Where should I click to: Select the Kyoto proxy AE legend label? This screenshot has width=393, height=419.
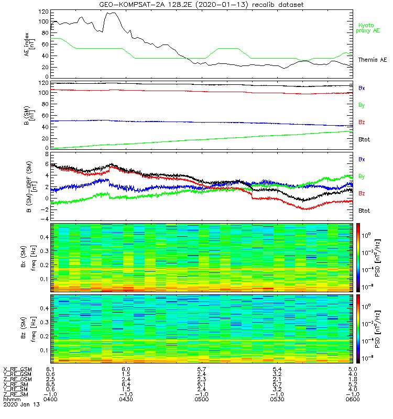coord(369,28)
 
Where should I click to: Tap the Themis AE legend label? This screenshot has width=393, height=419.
coord(372,60)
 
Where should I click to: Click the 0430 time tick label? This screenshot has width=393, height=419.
coord(126,399)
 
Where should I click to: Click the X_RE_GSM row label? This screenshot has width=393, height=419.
coord(17,369)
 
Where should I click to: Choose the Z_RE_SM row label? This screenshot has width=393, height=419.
coord(16,394)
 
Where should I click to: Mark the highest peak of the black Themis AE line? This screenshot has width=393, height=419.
coord(111,13)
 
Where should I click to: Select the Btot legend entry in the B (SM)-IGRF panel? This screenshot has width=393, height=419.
coord(364,210)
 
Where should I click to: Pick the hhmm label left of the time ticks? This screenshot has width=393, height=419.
coord(10,399)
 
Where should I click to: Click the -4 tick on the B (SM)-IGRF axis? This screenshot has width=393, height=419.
coord(45,218)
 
